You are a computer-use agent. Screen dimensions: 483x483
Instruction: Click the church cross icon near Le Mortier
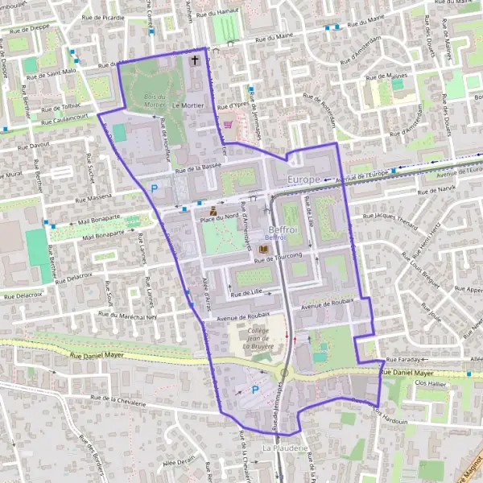click(194, 60)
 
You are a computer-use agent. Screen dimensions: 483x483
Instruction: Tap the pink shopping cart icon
click(229, 125)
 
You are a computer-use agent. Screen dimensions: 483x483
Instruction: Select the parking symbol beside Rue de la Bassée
click(154, 189)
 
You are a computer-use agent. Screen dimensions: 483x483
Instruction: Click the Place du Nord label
click(219, 217)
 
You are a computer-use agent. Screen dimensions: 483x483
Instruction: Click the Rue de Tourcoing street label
click(279, 257)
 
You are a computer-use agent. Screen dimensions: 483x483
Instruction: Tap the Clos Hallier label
click(430, 384)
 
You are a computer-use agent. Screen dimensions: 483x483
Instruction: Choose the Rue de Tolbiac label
click(58, 106)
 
